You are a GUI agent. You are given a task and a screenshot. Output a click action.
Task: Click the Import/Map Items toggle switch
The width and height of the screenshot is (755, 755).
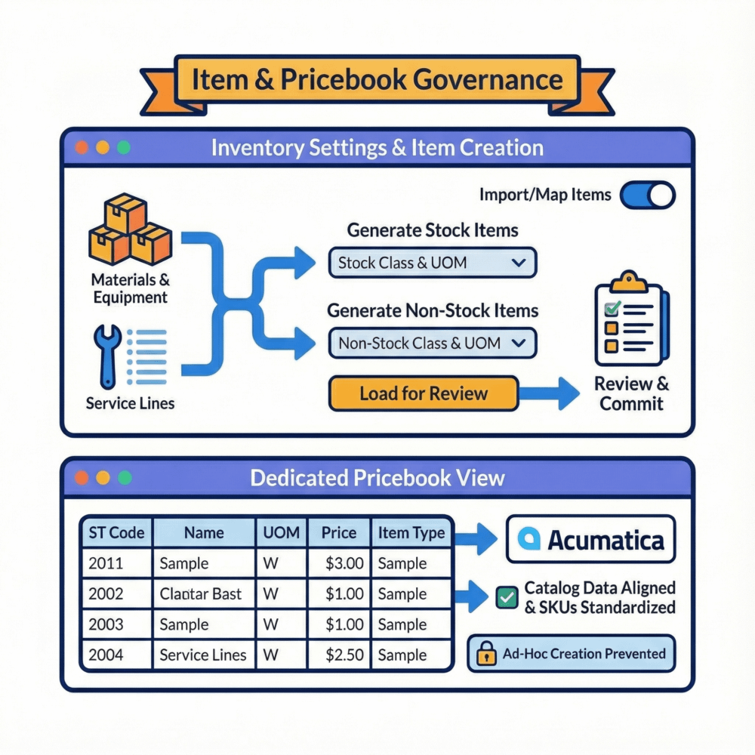pos(647,196)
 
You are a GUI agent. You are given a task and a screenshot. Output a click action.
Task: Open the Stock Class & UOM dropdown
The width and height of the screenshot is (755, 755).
pos(433,263)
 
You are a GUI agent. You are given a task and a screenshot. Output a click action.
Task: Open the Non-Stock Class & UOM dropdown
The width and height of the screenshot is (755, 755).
pos(433,344)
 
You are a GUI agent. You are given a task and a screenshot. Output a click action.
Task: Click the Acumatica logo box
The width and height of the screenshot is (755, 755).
pos(590,539)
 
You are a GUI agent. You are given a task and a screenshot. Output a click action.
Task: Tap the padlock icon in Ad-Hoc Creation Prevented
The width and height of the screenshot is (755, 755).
pos(485,654)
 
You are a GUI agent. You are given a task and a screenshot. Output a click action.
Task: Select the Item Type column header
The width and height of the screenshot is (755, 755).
pos(411,533)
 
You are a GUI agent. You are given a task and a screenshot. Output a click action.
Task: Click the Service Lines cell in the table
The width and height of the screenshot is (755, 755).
pos(203,655)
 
